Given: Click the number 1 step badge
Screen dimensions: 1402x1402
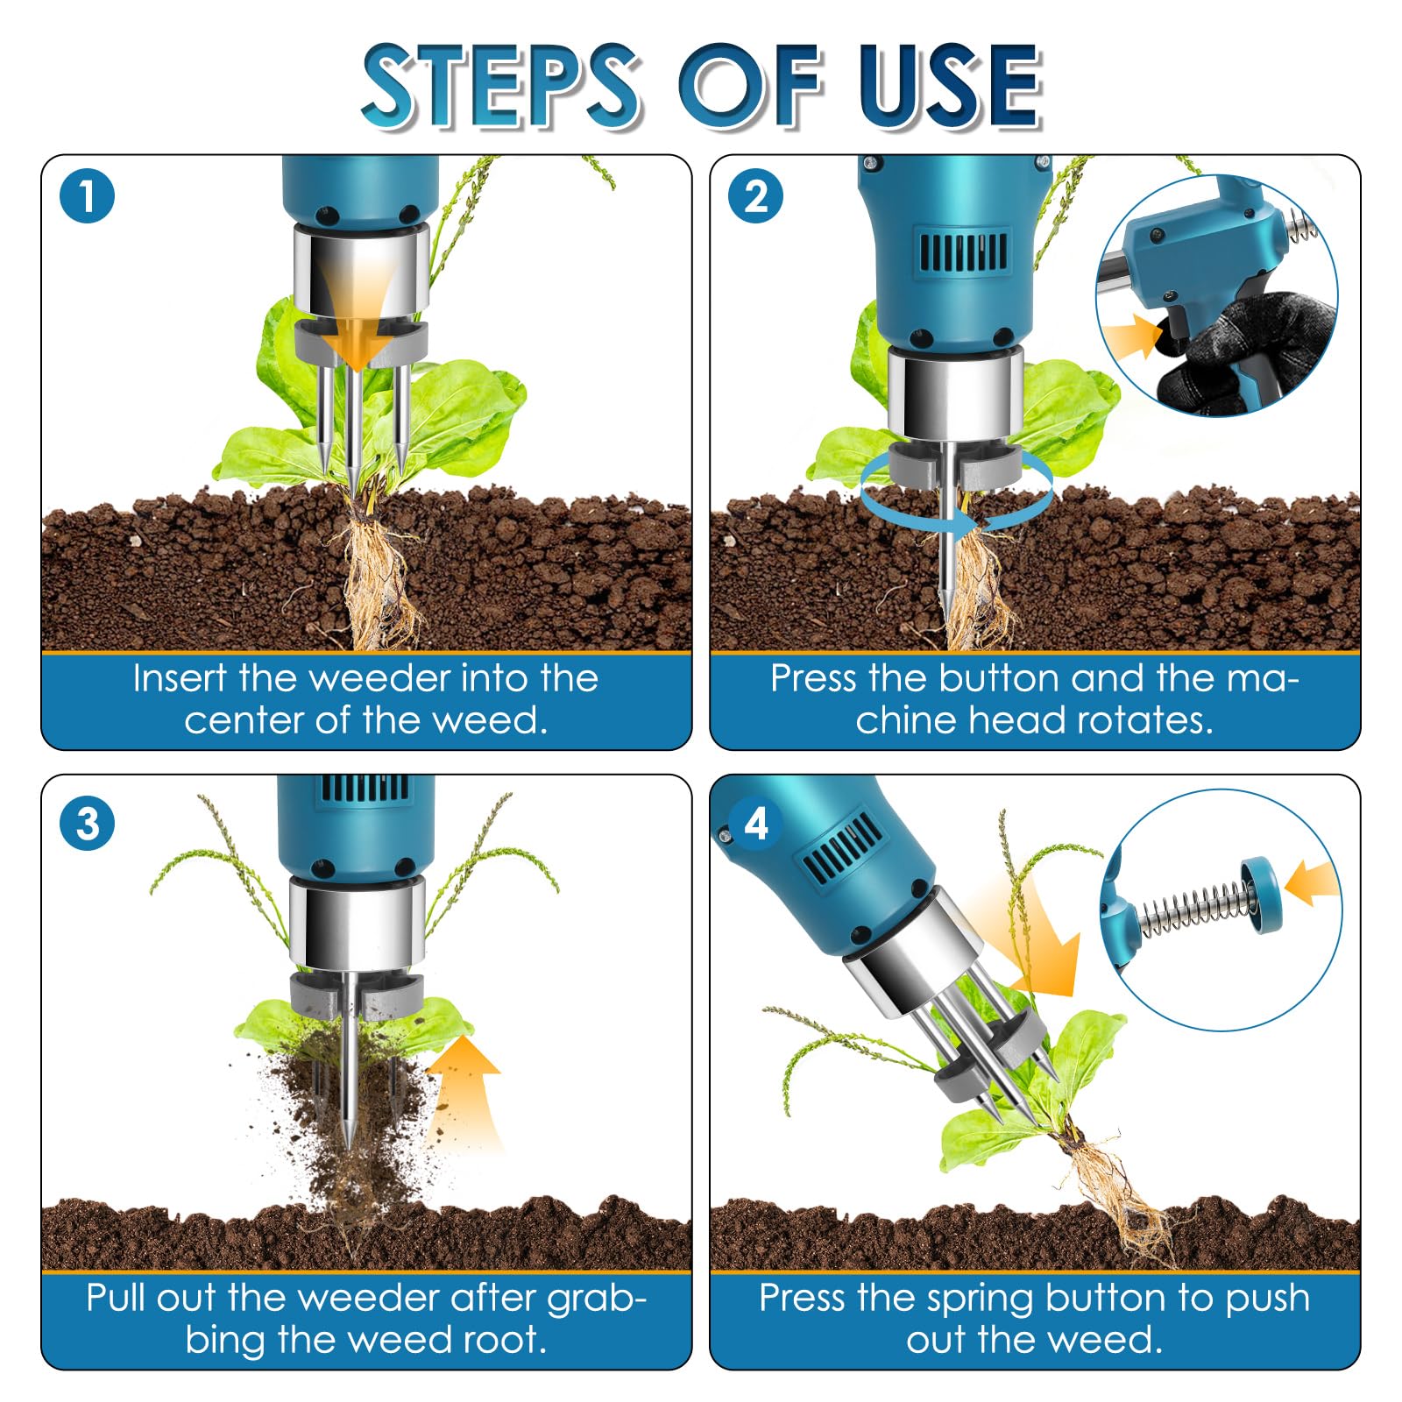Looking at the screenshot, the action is [87, 195].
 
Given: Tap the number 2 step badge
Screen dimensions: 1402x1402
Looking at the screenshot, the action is [755, 195].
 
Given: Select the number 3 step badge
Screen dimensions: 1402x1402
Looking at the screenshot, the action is [87, 823].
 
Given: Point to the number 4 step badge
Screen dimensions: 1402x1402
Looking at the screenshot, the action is [755, 823].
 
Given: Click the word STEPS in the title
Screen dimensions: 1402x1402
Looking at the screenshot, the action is [501, 86].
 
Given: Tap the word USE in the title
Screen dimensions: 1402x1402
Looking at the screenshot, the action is [951, 86].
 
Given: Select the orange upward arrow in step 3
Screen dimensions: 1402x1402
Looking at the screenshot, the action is [462, 1092].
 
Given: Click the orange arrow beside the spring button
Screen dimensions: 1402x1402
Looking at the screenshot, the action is [1312, 882].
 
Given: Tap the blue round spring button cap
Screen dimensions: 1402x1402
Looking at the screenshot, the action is [1262, 895].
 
